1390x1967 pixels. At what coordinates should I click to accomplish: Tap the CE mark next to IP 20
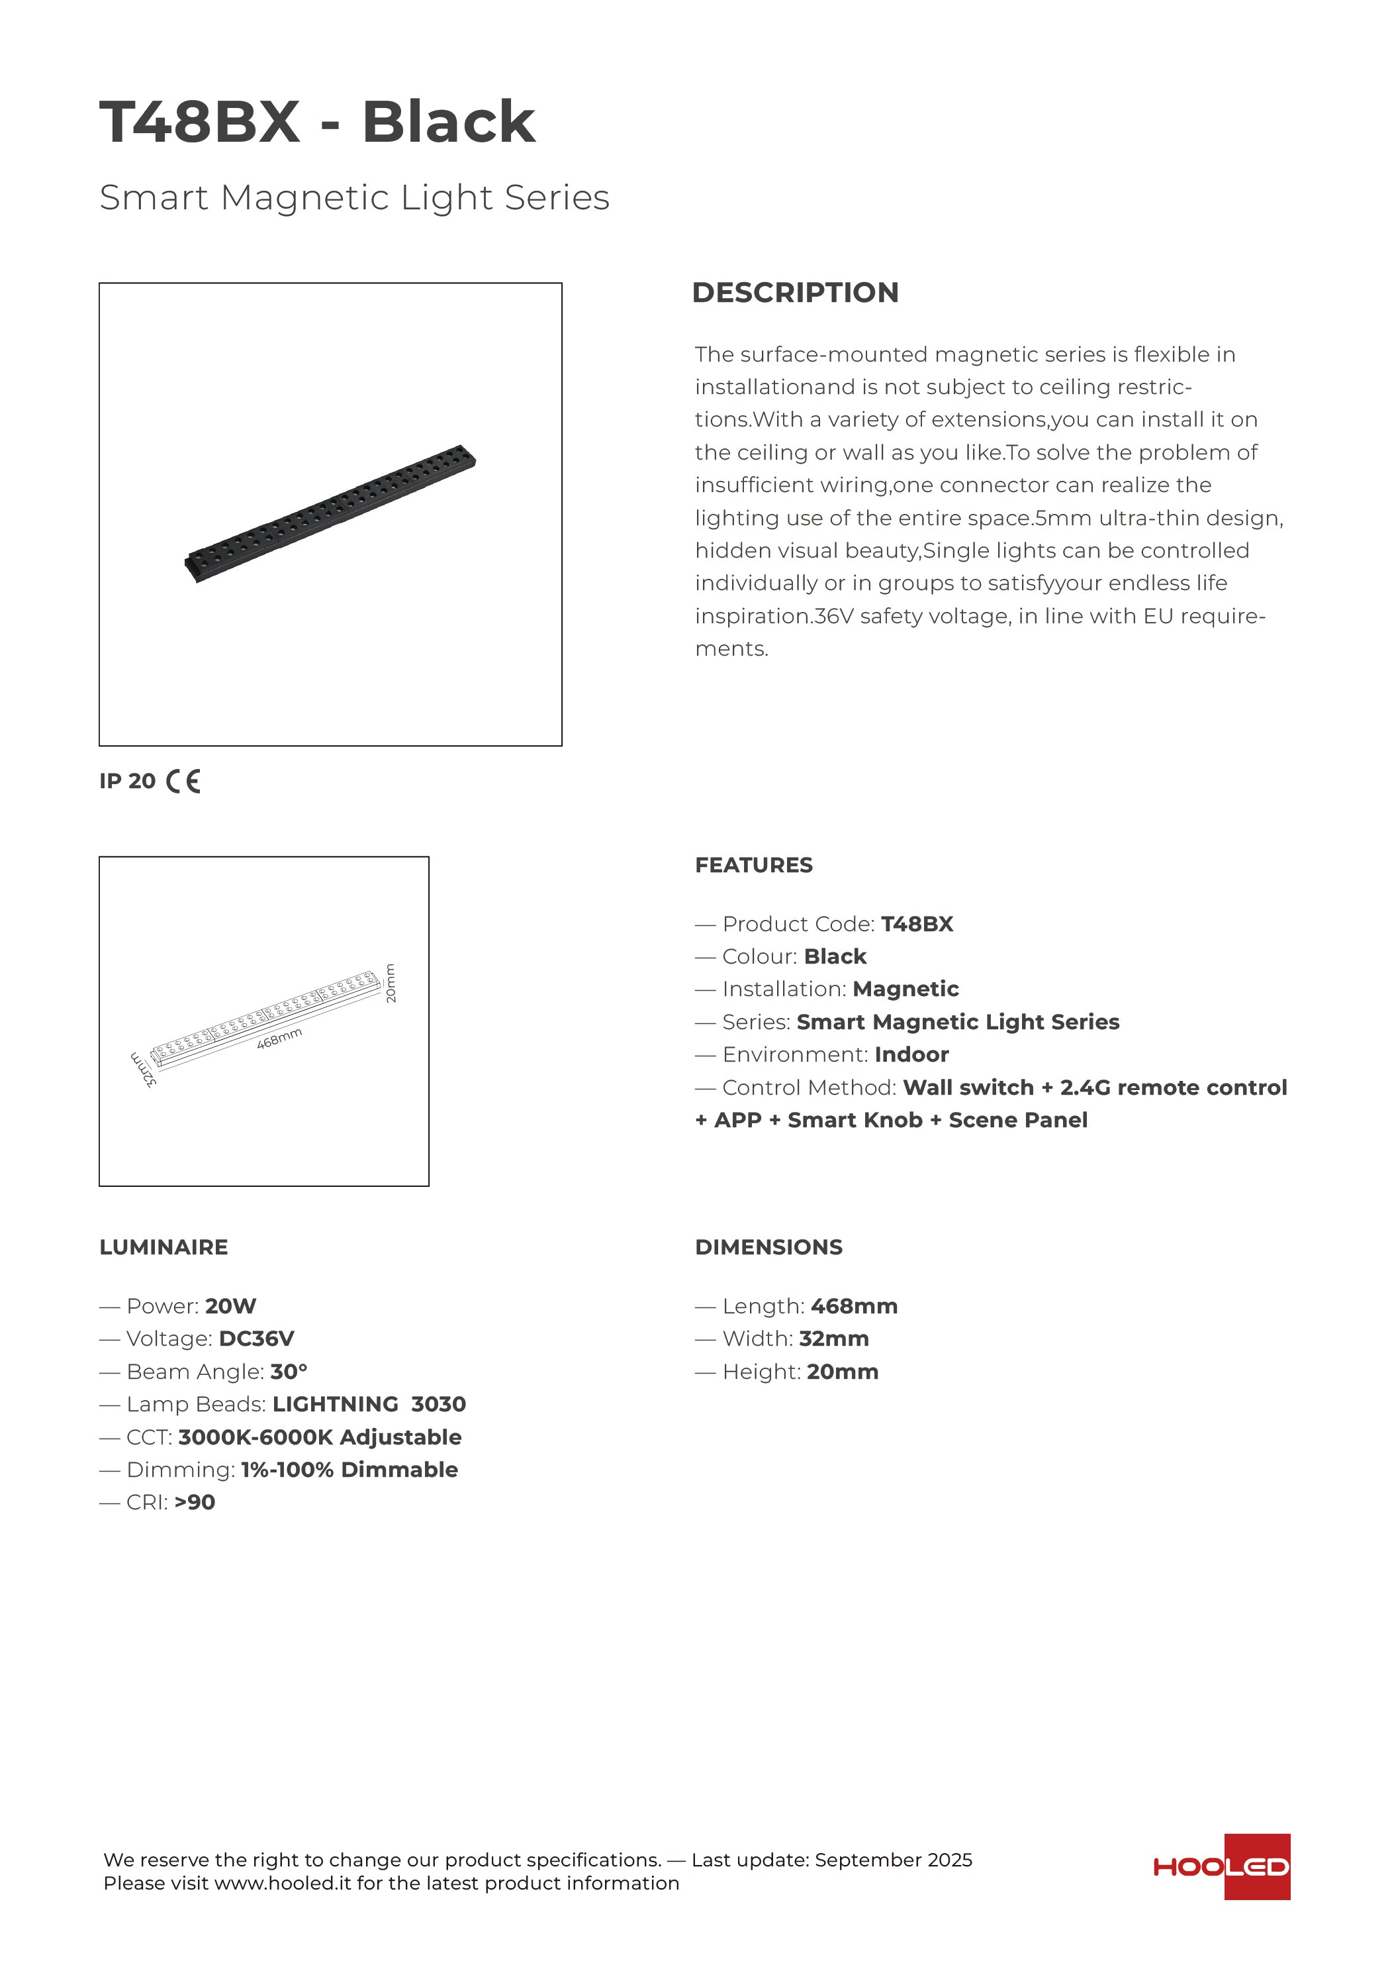[x=183, y=782]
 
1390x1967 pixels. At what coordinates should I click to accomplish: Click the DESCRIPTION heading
[x=795, y=292]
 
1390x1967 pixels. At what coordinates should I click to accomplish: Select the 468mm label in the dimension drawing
[x=279, y=1038]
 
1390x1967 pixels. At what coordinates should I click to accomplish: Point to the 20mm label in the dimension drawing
[x=391, y=983]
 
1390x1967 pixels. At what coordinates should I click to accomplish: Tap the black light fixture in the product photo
[x=330, y=514]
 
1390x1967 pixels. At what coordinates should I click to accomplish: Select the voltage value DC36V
[x=256, y=1338]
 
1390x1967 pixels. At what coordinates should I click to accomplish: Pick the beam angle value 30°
[x=289, y=1372]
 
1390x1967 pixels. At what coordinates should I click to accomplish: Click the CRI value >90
[x=195, y=1502]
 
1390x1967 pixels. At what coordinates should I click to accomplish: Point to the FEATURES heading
[x=754, y=865]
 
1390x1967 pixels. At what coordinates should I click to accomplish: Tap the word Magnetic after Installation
[x=905, y=989]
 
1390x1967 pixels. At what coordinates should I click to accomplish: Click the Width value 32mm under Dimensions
[x=833, y=1338]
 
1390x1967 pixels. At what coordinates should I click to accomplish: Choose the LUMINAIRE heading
[x=163, y=1247]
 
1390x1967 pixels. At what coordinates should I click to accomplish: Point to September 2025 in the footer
[x=894, y=1860]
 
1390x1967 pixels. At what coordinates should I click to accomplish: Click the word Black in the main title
[x=449, y=122]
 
